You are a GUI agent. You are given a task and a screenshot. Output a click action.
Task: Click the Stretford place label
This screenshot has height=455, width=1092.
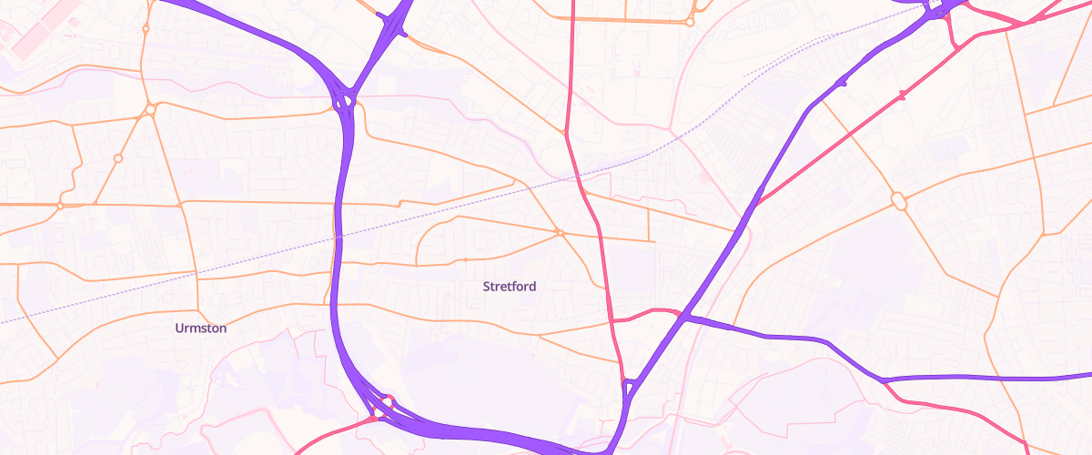[510, 287]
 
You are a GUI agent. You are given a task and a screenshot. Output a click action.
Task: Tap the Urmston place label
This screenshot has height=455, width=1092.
[201, 329]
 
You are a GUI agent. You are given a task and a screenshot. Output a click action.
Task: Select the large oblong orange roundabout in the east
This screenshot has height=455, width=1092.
[899, 200]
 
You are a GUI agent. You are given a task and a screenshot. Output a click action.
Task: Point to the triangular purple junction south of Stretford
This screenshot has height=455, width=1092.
[628, 389]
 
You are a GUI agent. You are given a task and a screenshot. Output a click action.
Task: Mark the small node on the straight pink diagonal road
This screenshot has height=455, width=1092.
[902, 95]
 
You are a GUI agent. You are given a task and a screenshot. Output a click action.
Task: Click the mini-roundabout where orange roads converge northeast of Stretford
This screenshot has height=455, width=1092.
[561, 233]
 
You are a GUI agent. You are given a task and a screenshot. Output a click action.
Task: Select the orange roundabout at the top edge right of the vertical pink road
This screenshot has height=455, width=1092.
[690, 21]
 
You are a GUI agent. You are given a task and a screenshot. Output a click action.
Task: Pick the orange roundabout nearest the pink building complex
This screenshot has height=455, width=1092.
[146, 29]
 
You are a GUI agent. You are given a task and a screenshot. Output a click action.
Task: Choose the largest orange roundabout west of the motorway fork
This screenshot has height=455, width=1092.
[149, 109]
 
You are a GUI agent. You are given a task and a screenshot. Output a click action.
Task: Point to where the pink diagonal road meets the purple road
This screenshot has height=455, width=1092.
[756, 203]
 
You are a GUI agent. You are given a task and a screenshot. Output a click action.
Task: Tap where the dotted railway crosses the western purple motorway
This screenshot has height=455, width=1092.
[338, 237]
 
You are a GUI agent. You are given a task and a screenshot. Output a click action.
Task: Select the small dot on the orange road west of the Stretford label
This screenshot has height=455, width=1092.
[466, 260]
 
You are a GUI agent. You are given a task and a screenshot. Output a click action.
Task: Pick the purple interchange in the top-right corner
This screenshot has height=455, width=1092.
[937, 9]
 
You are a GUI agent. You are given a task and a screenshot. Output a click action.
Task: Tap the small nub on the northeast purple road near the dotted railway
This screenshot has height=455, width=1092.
[843, 84]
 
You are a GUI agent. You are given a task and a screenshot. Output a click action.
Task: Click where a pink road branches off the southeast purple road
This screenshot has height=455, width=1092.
[883, 380]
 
